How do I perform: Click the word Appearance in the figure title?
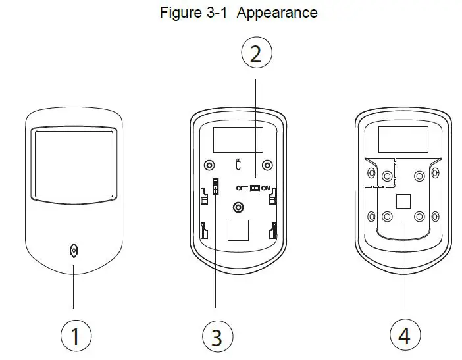click(x=277, y=13)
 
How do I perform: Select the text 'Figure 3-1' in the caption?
click(x=194, y=13)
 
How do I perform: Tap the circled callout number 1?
click(x=74, y=336)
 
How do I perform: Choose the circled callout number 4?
click(x=403, y=336)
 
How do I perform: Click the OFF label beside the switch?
click(x=242, y=188)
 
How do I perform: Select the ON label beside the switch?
click(x=265, y=188)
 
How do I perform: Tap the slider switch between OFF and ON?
click(x=254, y=188)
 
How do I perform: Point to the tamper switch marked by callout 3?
click(x=215, y=187)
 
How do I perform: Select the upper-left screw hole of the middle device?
click(x=209, y=165)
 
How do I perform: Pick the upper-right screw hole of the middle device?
click(x=267, y=165)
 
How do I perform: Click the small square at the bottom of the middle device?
click(x=238, y=230)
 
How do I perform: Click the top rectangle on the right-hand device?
click(x=403, y=140)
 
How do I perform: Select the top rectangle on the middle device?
click(x=238, y=140)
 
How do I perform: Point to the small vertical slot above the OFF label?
click(x=238, y=163)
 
